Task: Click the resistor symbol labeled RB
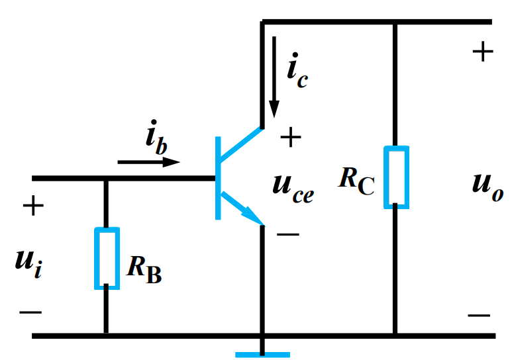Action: [x=106, y=258]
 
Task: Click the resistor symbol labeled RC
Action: [x=395, y=177]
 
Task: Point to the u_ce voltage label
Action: [x=293, y=186]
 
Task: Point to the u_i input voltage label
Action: [x=29, y=261]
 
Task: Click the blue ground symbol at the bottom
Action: [x=262, y=354]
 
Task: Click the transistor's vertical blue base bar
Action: [x=217, y=177]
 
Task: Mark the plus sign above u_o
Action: [x=482, y=52]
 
